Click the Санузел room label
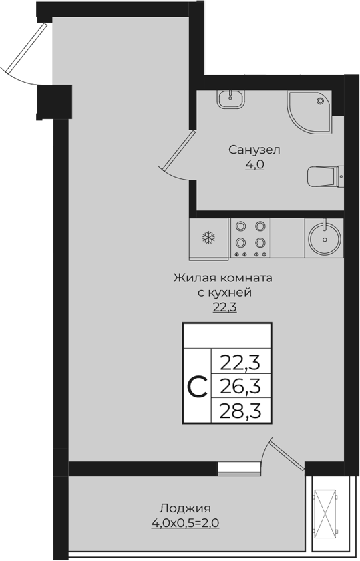coord(254,149)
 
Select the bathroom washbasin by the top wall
coord(230,99)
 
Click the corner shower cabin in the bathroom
coord(310,110)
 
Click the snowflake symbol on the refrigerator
coord(209,238)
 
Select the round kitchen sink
coord(325,238)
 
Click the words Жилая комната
coord(224,277)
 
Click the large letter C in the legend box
coord(196,386)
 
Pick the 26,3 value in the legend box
coord(240,386)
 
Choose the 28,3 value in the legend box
coord(240,409)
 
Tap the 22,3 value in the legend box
coord(240,363)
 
